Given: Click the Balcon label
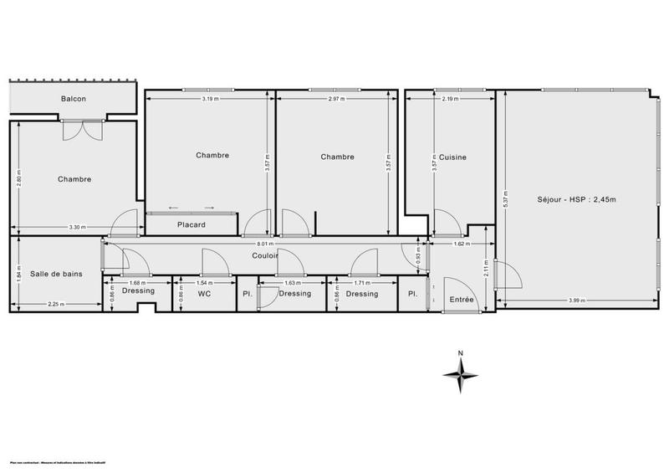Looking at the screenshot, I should pos(74,99).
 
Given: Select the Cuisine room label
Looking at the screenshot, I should pos(453,157).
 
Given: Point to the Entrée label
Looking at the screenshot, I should pos(462,299).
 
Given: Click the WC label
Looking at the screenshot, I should pos(203,294).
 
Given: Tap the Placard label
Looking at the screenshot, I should pos(192,224).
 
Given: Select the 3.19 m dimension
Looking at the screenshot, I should pos(210,99).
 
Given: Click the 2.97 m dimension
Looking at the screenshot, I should pos(336,99).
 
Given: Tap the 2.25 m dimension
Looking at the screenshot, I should pos(57,303).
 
